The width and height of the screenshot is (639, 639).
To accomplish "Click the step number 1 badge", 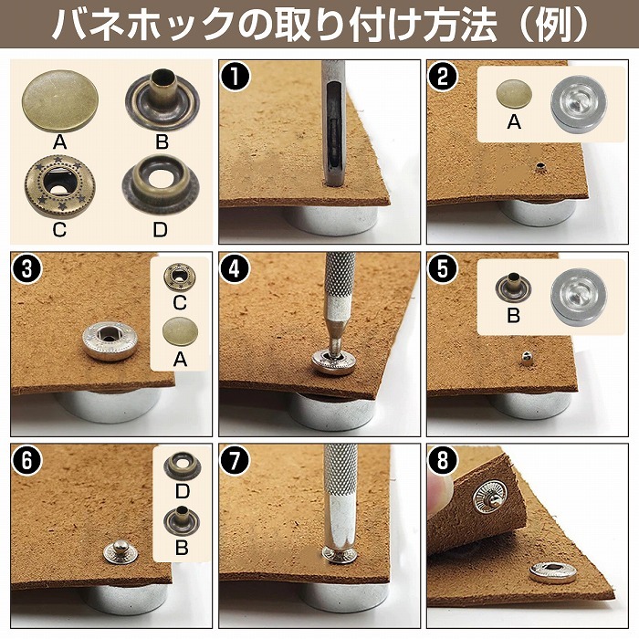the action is (236, 76).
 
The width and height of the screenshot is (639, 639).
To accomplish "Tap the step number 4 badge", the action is (235, 268).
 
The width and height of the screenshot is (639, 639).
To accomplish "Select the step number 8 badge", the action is (443, 461).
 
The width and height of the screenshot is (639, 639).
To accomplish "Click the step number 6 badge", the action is (26, 461).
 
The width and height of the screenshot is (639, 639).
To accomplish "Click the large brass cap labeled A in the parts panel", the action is (59, 100).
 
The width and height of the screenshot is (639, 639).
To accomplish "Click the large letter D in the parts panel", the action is (160, 230).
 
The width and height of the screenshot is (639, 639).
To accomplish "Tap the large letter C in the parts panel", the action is (59, 230).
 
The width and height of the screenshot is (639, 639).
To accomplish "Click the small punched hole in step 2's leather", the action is (540, 166).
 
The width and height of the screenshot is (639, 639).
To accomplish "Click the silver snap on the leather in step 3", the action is (110, 340).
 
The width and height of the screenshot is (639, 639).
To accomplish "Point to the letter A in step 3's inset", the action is (180, 360).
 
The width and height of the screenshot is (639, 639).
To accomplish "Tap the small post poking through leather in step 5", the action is (527, 358).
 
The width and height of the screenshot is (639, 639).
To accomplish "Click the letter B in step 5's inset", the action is (513, 316).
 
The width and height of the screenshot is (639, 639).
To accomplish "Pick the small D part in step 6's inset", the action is (183, 466).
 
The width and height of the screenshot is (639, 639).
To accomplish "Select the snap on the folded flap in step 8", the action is (490, 497).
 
